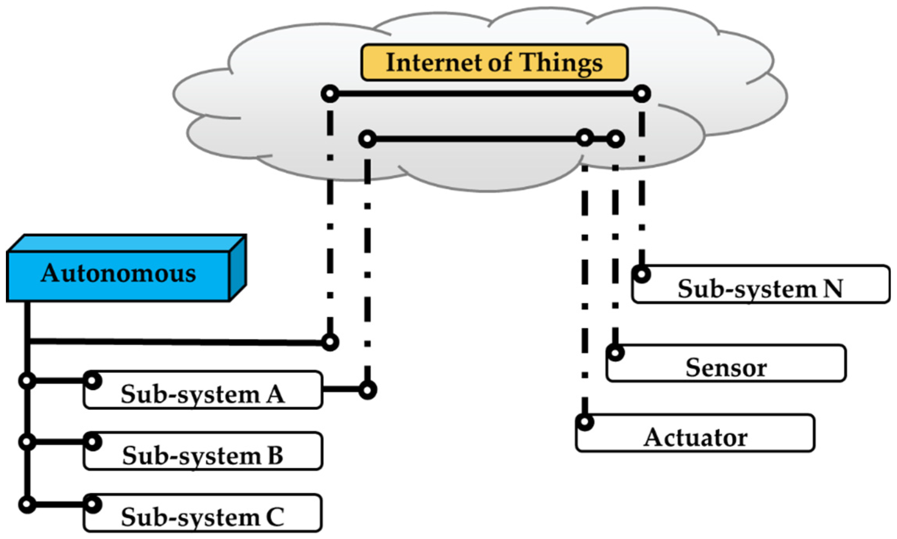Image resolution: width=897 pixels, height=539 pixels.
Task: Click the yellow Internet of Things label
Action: click(x=494, y=62)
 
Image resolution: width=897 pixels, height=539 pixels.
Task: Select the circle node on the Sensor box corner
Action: click(x=615, y=352)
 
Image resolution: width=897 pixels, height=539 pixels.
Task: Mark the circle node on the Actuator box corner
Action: click(x=585, y=422)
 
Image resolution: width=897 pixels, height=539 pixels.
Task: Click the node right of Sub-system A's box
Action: click(x=367, y=390)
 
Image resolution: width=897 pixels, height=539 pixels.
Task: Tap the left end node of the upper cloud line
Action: click(x=330, y=94)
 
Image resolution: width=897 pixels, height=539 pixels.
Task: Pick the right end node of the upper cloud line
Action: click(x=642, y=94)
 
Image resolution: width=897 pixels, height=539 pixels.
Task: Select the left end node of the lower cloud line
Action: click(x=367, y=139)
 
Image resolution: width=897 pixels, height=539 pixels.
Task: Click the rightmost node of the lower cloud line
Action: click(x=615, y=139)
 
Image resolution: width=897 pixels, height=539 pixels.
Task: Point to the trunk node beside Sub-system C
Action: click(x=27, y=504)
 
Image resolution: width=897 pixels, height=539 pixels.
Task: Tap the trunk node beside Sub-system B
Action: click(x=27, y=442)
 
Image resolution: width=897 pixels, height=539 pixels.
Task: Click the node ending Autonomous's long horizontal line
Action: click(x=330, y=342)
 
